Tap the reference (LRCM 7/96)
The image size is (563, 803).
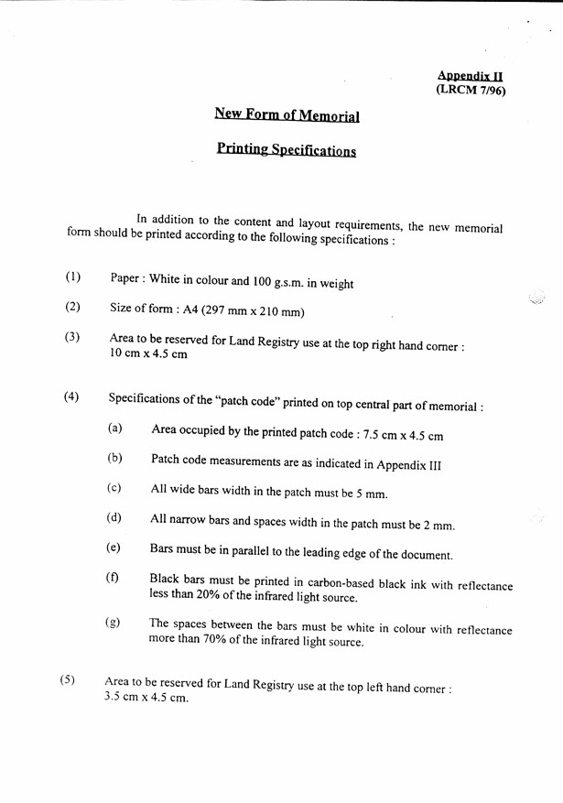pos(471,90)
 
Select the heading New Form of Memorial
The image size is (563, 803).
pos(287,114)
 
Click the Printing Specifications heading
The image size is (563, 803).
pos(287,149)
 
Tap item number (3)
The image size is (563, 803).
pos(72,336)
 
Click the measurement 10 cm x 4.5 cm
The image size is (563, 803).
pos(148,354)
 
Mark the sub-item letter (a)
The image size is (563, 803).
pos(114,428)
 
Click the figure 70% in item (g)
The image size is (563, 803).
pos(209,642)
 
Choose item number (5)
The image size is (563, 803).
pos(68,680)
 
